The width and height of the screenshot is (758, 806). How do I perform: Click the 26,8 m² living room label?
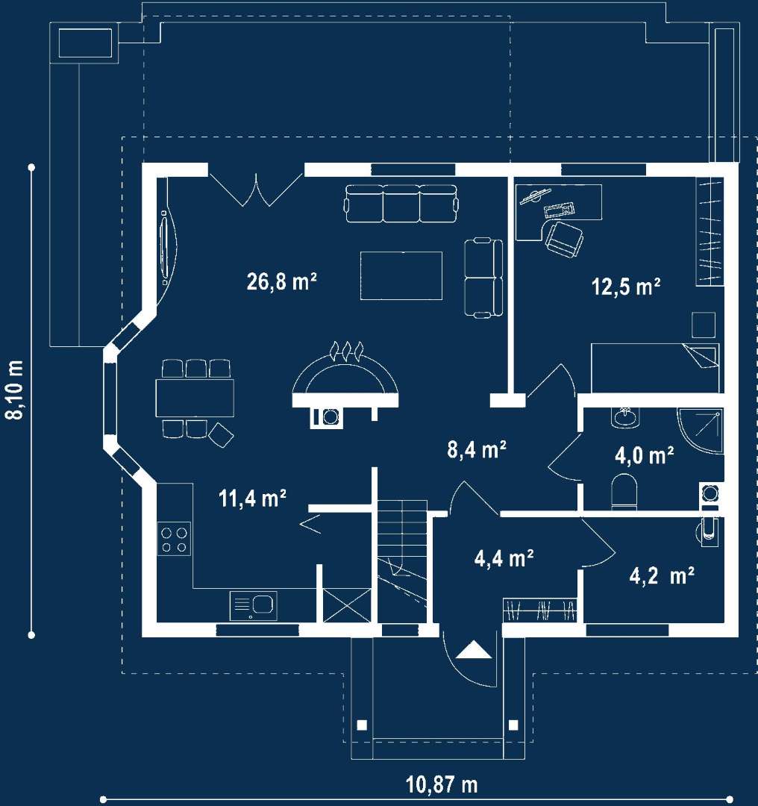[281, 281]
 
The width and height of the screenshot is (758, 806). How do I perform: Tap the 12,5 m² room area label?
[626, 287]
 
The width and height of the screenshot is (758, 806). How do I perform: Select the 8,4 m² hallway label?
[477, 449]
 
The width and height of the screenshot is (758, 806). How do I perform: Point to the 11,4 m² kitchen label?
[252, 498]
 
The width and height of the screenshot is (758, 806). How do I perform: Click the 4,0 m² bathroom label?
[645, 455]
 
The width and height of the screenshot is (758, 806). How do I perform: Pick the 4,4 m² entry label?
[504, 559]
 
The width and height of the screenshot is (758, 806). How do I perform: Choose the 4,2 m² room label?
[662, 575]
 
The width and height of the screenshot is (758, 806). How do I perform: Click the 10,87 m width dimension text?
[442, 785]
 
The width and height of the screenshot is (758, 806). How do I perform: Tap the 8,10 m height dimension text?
[16, 390]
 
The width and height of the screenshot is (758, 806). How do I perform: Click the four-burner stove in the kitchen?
[174, 540]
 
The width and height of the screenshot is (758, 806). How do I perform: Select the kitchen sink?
[254, 605]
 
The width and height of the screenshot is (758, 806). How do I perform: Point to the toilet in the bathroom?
[624, 491]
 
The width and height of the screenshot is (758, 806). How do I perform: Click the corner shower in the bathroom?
[700, 431]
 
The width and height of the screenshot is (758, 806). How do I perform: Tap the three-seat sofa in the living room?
[401, 204]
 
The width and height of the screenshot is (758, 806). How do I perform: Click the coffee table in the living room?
[401, 275]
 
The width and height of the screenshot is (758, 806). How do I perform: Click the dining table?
[195, 398]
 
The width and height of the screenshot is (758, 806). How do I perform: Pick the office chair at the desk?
[564, 239]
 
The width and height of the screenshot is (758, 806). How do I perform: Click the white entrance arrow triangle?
[474, 650]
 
